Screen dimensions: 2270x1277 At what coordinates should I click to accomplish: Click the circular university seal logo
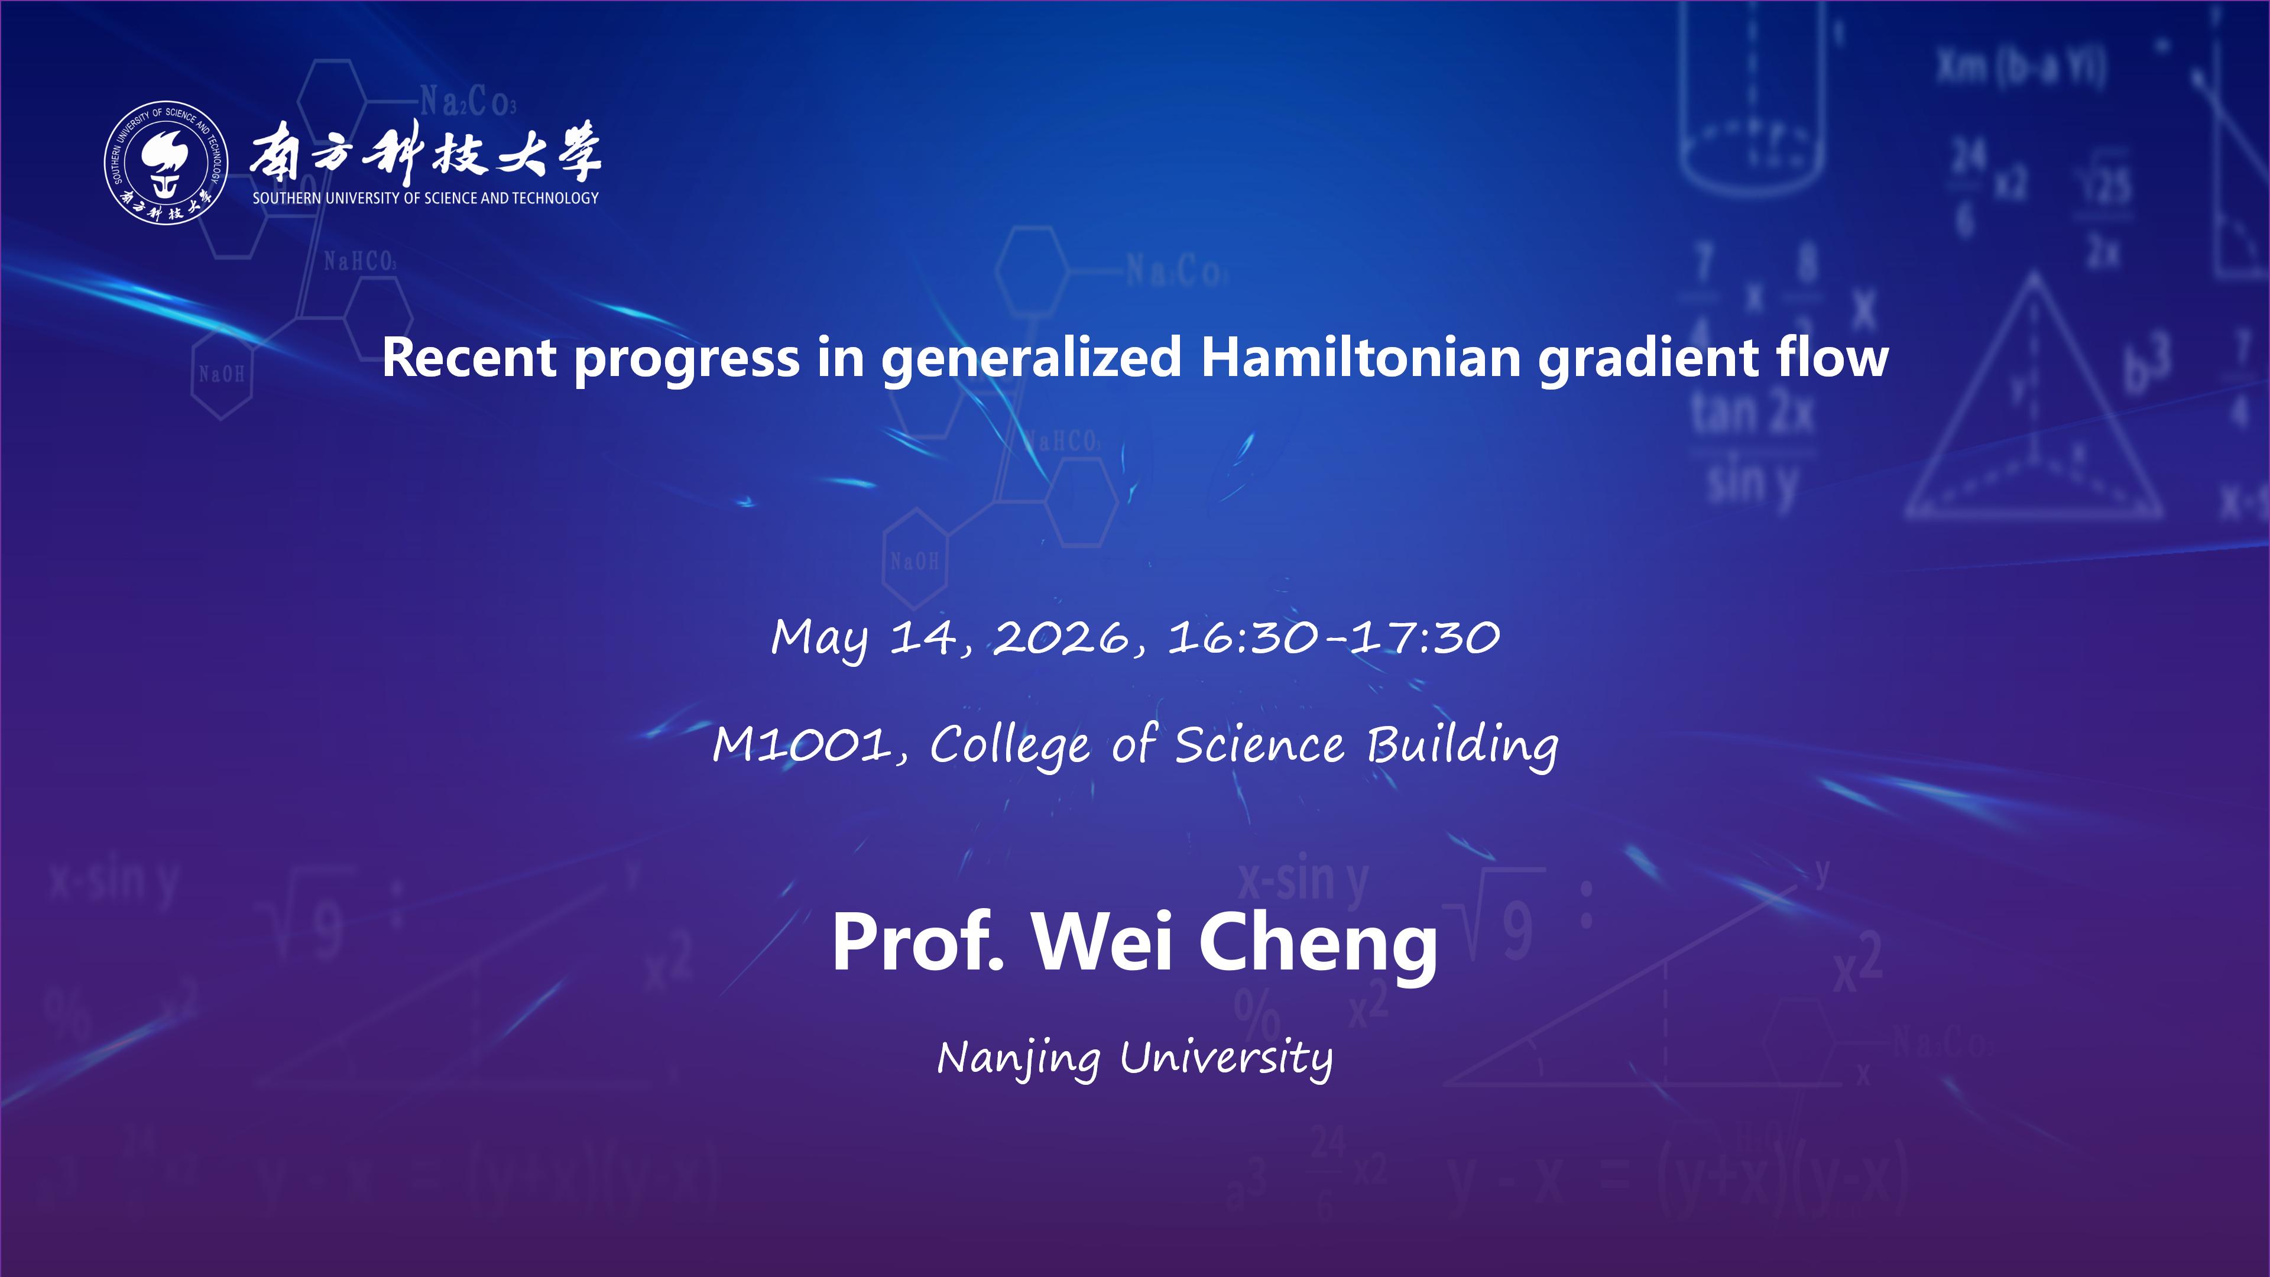click(x=166, y=162)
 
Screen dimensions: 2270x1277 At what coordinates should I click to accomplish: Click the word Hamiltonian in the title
click(x=1361, y=358)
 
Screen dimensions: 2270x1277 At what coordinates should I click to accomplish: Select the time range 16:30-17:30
click(x=1333, y=637)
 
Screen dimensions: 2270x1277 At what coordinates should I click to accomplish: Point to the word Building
click(x=1462, y=747)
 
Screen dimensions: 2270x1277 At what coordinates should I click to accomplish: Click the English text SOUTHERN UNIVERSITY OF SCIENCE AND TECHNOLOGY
click(x=426, y=198)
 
